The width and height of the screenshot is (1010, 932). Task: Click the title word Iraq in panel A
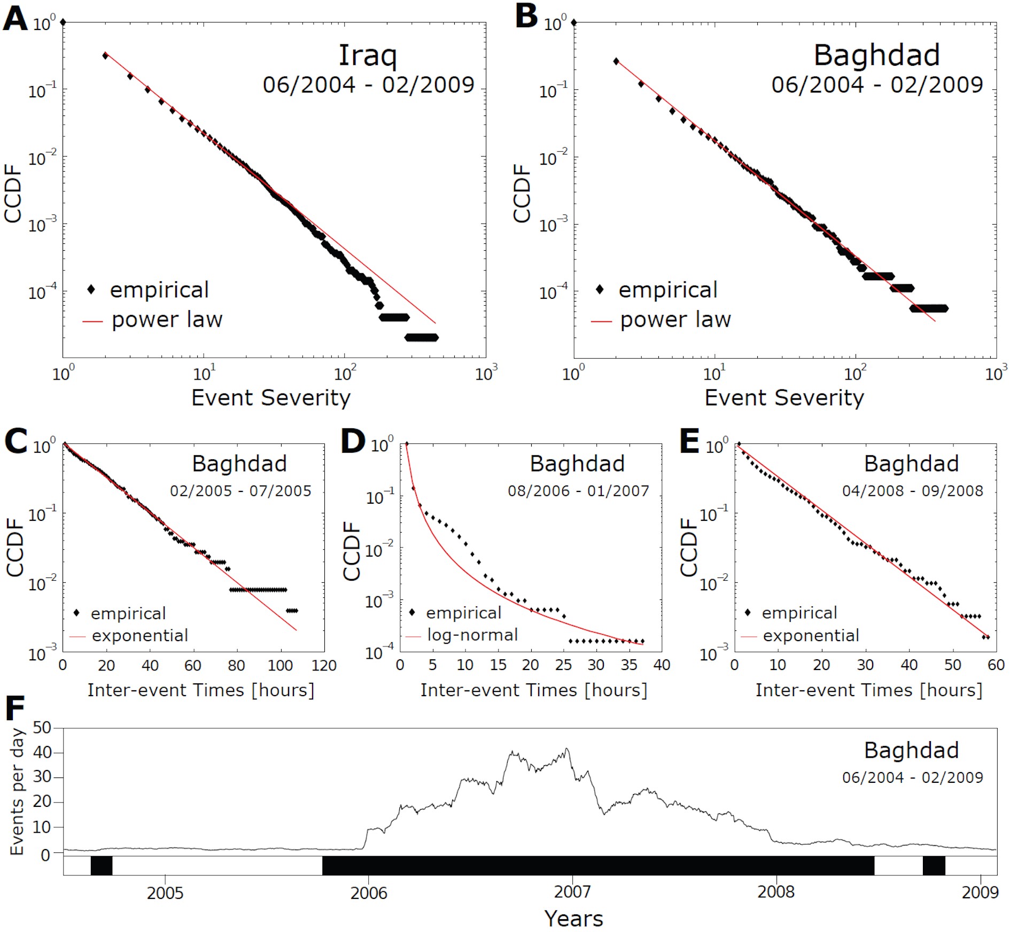tap(368, 55)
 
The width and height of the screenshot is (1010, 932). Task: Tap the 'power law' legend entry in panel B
tap(675, 320)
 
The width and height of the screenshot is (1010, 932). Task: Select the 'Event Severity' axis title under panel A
tap(270, 398)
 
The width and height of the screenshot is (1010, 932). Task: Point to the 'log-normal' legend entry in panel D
tap(472, 635)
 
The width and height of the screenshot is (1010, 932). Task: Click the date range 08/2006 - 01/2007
tap(578, 491)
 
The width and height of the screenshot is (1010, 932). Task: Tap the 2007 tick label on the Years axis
tap(572, 892)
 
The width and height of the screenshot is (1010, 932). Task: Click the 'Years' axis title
tap(573, 919)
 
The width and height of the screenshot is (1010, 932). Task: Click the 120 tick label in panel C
tap(324, 666)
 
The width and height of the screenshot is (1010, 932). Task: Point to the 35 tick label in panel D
tap(629, 665)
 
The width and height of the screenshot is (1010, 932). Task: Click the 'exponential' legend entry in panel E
tap(811, 635)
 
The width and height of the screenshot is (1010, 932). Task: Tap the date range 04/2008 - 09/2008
tap(912, 491)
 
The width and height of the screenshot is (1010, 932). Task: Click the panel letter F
tap(14, 709)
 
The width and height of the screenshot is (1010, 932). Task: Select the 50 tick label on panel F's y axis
tap(42, 728)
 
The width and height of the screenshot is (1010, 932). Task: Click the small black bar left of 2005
tap(102, 866)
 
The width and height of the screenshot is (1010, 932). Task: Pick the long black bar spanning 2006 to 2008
tap(597, 866)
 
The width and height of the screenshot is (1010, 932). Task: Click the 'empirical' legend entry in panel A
tap(159, 290)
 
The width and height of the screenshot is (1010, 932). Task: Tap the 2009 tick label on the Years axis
tap(980, 892)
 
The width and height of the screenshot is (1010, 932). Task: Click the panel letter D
tap(353, 442)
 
